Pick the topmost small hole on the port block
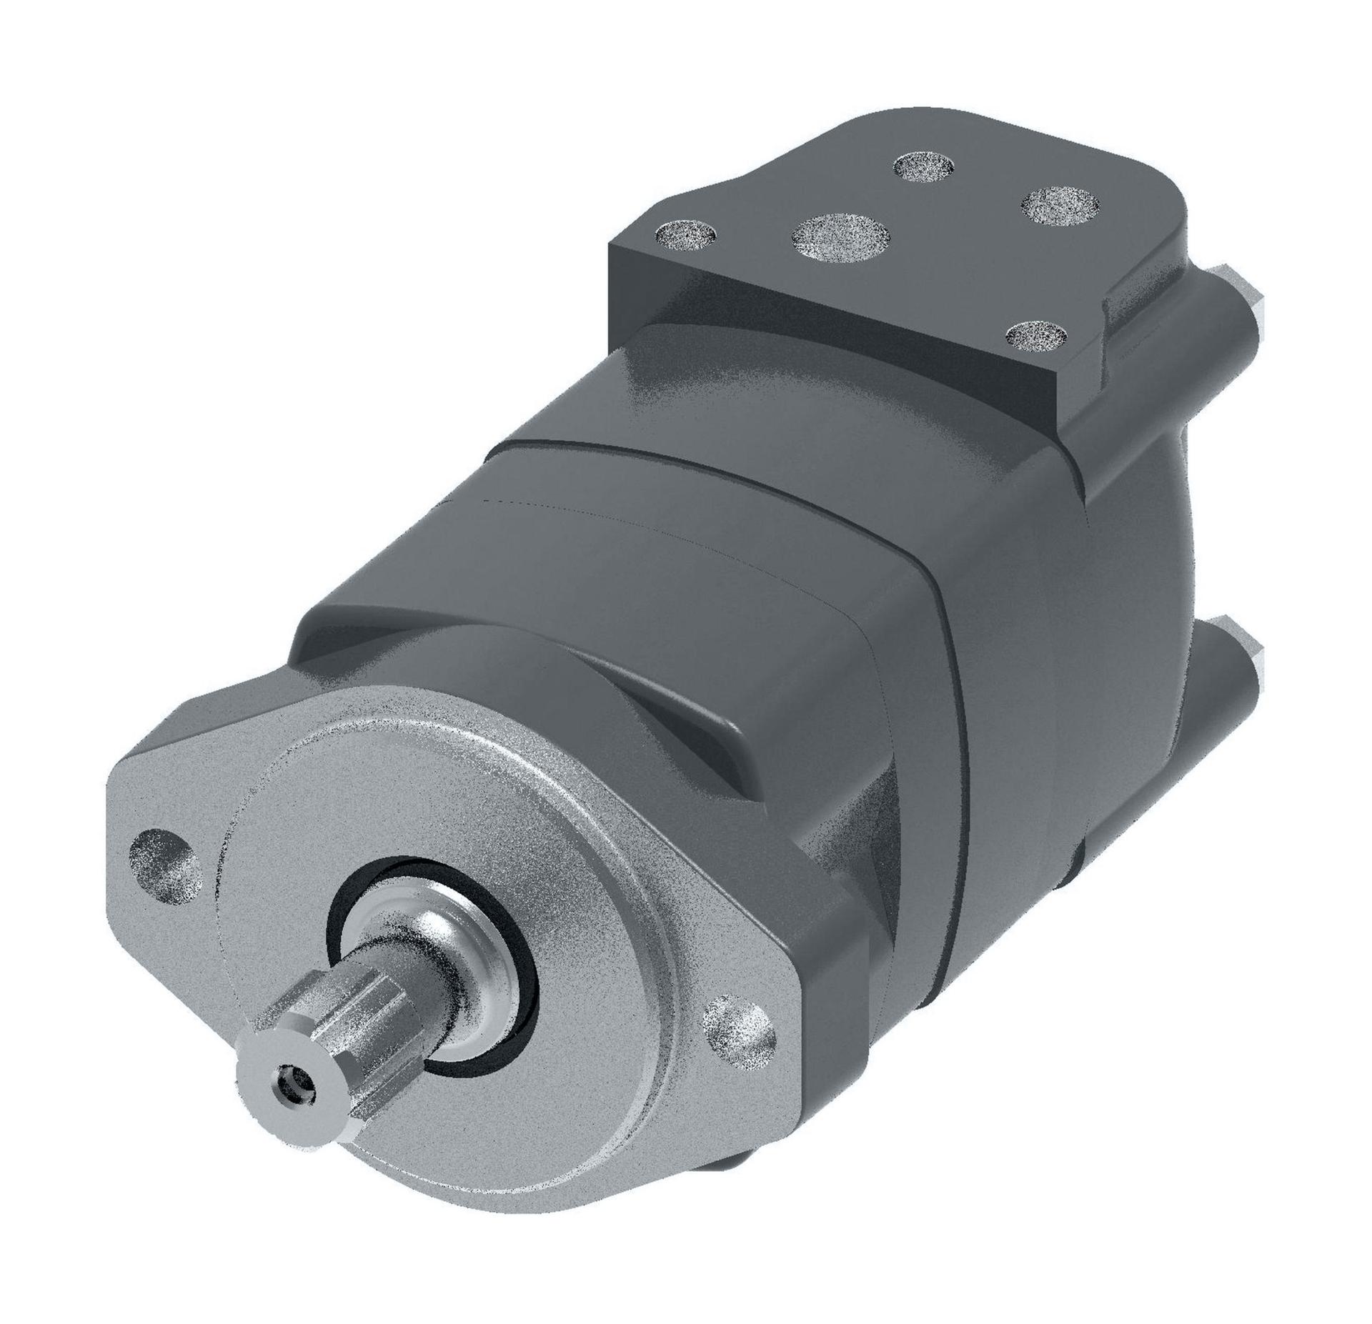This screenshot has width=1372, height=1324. tap(924, 166)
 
